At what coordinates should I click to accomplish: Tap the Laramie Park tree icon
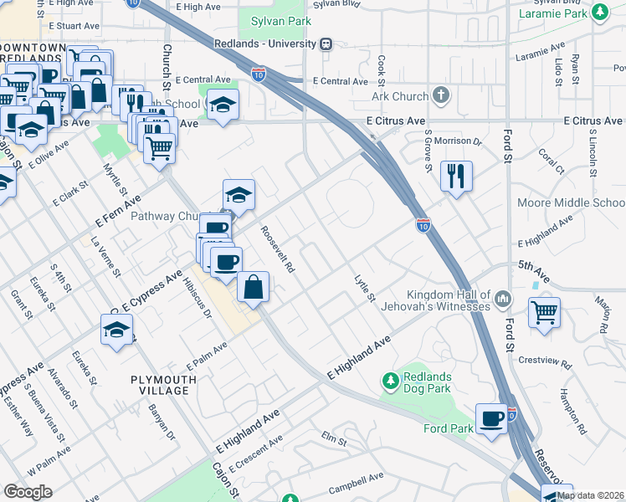pos(599,13)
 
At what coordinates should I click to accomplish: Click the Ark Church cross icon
pos(441,96)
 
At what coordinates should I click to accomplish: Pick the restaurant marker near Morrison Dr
pos(456,176)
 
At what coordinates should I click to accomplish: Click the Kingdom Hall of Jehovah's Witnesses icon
pos(503,298)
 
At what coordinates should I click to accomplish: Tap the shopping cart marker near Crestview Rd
pos(545,313)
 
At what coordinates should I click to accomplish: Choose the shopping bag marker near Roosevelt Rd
pos(253,287)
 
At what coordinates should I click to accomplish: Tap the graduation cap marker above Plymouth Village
pos(117,329)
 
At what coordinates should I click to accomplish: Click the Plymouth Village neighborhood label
pos(164,385)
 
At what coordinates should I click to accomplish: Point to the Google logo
pos(28,492)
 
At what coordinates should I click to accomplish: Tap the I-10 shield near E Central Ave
pos(259,74)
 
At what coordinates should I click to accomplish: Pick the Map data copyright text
pos(590,495)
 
